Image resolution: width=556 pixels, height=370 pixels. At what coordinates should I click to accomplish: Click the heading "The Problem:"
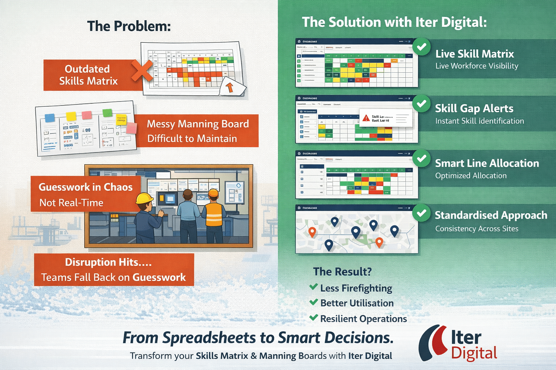click(x=129, y=26)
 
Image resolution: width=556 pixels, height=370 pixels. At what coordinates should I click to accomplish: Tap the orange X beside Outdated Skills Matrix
click(x=142, y=70)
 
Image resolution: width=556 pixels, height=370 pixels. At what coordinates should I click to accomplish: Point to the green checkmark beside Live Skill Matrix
click(x=421, y=47)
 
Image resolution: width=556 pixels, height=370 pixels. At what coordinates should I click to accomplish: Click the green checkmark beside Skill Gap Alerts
click(x=421, y=104)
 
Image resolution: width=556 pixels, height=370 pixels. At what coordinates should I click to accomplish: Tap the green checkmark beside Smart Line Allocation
click(x=421, y=158)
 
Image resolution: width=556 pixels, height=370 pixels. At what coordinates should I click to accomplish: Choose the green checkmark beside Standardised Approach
click(x=421, y=213)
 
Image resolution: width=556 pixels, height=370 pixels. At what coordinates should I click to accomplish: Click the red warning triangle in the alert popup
click(x=366, y=118)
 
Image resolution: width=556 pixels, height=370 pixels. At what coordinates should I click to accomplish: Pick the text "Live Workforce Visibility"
click(x=477, y=66)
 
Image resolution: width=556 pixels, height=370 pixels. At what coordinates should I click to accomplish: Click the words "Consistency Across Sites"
click(x=477, y=229)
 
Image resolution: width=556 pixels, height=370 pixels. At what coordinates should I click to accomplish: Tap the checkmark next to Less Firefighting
click(x=313, y=287)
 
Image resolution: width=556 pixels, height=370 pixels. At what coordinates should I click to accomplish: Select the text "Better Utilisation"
click(x=357, y=303)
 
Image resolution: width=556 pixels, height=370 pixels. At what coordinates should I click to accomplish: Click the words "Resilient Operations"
click(x=363, y=319)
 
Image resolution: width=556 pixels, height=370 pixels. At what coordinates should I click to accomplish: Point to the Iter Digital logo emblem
click(x=433, y=342)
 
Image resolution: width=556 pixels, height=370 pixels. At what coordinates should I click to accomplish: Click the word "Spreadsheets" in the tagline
click(x=209, y=338)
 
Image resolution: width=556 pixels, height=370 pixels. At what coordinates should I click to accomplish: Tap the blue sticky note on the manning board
click(x=50, y=118)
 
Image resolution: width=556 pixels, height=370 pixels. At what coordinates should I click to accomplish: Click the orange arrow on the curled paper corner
click(x=229, y=87)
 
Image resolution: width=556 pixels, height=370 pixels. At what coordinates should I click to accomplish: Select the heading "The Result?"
click(x=342, y=272)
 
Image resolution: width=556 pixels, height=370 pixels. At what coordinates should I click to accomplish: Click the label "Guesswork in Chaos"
click(x=85, y=187)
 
